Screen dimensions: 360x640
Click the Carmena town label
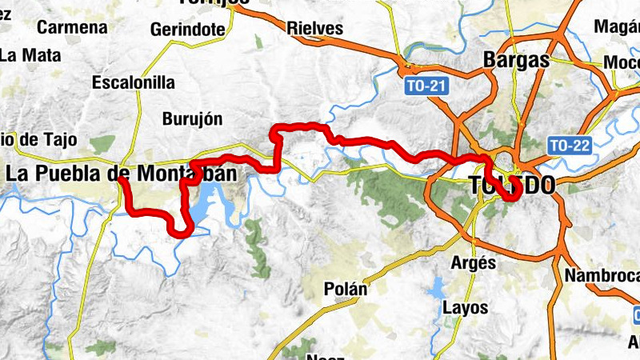pos(72,27)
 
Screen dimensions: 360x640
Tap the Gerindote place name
pos(186,30)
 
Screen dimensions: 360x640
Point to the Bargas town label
pos(517,60)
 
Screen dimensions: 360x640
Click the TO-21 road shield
pos(424,84)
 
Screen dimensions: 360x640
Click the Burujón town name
pos(192,119)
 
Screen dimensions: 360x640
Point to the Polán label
pos(346,289)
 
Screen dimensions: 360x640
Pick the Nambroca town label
pos(602,276)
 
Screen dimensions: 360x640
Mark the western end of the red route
pos(120,179)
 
